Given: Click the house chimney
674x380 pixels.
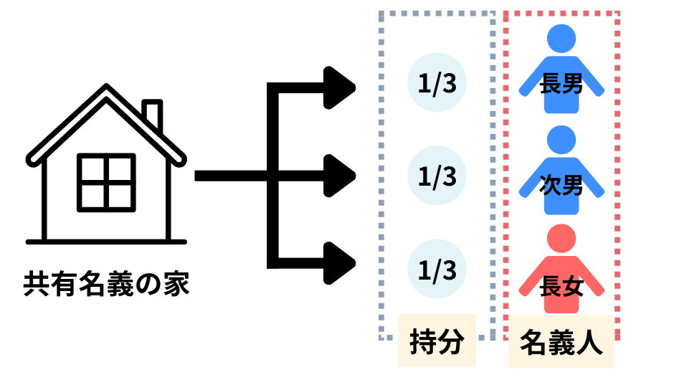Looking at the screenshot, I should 152,115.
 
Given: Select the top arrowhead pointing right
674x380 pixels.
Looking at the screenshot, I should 339,86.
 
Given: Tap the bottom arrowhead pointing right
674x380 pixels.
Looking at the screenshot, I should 339,262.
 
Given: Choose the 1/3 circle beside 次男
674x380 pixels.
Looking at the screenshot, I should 437,176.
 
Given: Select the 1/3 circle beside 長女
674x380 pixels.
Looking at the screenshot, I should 437,270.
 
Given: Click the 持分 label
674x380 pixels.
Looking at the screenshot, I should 437,341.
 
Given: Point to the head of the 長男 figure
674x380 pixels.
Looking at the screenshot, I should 561,40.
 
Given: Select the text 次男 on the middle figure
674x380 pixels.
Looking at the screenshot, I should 561,186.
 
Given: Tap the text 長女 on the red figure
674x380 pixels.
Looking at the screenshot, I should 561,288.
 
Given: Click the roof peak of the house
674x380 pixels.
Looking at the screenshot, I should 106,90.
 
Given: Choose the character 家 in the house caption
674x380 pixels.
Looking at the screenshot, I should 176,285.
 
